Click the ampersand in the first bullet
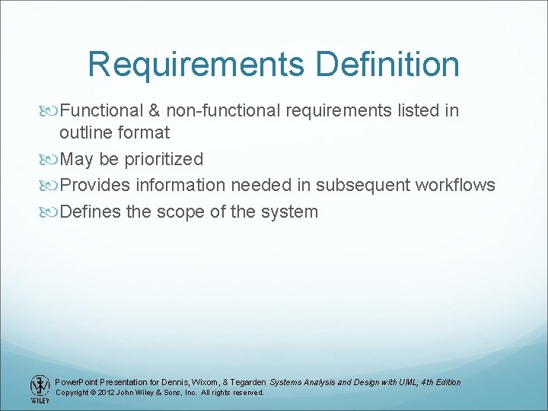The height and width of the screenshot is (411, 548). click(154, 110)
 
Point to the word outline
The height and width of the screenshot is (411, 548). click(85, 132)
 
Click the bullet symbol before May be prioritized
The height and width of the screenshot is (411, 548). click(51, 160)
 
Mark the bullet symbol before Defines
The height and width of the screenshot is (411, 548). click(51, 212)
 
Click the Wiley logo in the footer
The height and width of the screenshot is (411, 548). click(38, 388)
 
